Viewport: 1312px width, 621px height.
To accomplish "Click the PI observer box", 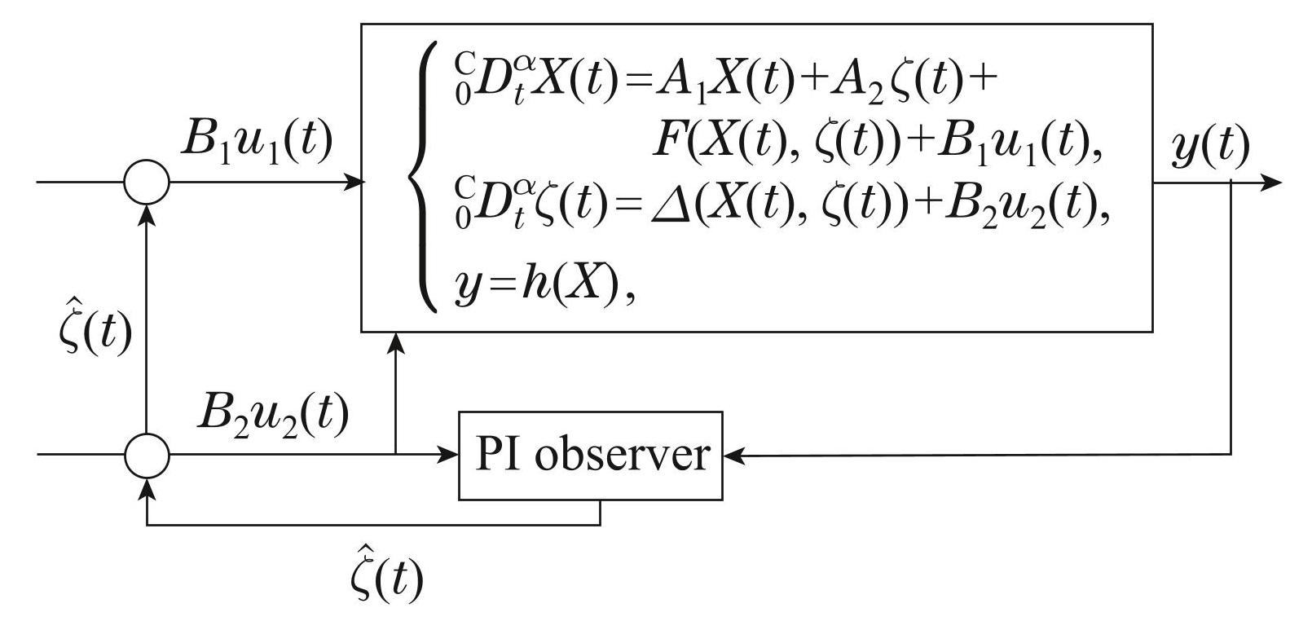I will pos(591,455).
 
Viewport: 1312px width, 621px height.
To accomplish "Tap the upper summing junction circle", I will pos(147,181).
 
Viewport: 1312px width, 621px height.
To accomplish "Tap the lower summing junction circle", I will pos(147,455).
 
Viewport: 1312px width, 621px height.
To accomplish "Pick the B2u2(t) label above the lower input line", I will pos(272,415).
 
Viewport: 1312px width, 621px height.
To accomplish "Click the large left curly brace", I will pos(423,175).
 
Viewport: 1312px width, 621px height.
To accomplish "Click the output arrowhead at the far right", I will pos(1272,181).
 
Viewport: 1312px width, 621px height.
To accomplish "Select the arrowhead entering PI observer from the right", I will pos(733,455).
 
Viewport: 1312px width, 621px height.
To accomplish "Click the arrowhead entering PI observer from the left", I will pos(450,455).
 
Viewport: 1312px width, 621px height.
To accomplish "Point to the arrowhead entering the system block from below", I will pos(396,341).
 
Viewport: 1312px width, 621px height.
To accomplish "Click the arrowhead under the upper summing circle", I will pos(147,211).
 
